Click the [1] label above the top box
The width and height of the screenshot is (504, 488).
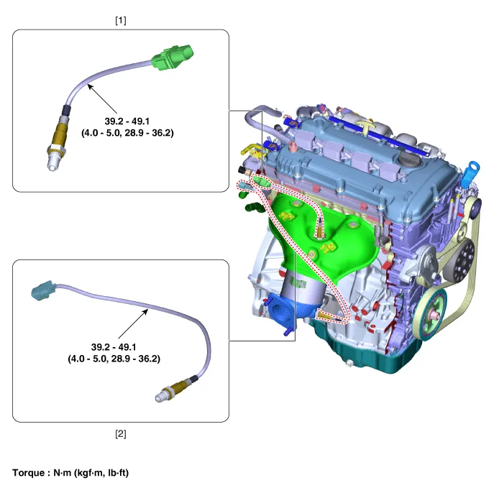[x=121, y=21]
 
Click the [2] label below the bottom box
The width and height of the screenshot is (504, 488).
[x=121, y=433]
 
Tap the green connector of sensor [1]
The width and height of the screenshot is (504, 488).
[x=173, y=57]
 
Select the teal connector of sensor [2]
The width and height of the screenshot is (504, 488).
[x=42, y=290]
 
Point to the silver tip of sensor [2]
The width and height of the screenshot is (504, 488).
[x=161, y=397]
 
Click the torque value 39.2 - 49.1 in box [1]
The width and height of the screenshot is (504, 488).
[x=127, y=121]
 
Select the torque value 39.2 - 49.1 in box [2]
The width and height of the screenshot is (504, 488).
[x=114, y=347]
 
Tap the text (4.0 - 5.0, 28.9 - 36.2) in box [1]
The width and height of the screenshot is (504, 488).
[x=127, y=133]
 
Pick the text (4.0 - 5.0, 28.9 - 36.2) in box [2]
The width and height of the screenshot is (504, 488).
[x=114, y=359]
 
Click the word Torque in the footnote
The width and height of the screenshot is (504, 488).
[x=29, y=473]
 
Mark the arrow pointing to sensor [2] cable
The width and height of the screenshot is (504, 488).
[x=133, y=323]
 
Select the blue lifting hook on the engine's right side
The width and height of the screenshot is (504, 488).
[x=470, y=175]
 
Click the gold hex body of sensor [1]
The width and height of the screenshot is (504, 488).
[x=60, y=134]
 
